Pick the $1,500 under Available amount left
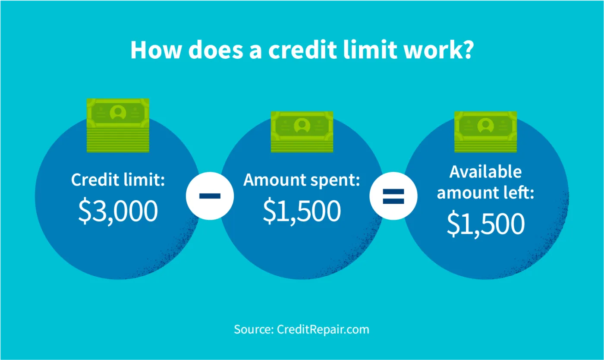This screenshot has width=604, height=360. [x=485, y=224]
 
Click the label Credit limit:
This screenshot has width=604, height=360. [x=118, y=180]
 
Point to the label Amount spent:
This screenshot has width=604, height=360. [x=302, y=180]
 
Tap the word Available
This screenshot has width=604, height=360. [x=485, y=172]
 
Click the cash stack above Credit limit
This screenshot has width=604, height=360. [x=118, y=125]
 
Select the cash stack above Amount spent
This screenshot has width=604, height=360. [x=302, y=131]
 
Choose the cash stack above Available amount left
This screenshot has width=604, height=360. [x=485, y=131]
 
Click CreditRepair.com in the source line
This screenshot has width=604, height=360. [x=323, y=330]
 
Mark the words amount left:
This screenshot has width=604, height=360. [x=485, y=193]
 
